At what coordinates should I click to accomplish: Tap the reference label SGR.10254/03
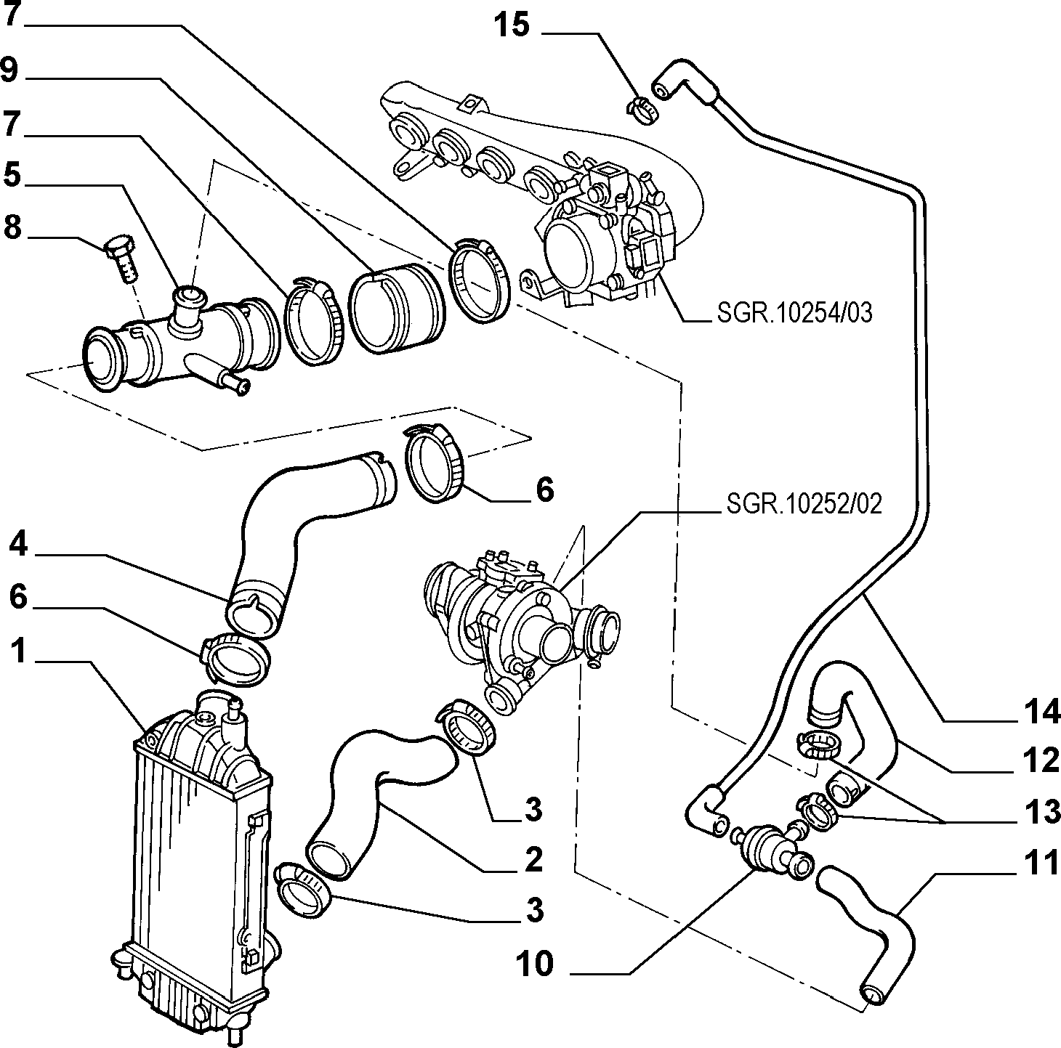(x=794, y=313)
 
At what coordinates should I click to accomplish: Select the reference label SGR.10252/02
(x=804, y=504)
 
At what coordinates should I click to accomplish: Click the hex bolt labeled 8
(x=121, y=259)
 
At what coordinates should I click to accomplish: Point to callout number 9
(x=10, y=71)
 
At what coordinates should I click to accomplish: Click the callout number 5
(x=12, y=176)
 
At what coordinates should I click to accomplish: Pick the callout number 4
(x=17, y=545)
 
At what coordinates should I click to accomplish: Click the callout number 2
(x=533, y=859)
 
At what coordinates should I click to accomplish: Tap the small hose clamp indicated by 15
(x=643, y=108)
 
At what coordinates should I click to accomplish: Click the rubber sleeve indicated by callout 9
(x=395, y=308)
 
